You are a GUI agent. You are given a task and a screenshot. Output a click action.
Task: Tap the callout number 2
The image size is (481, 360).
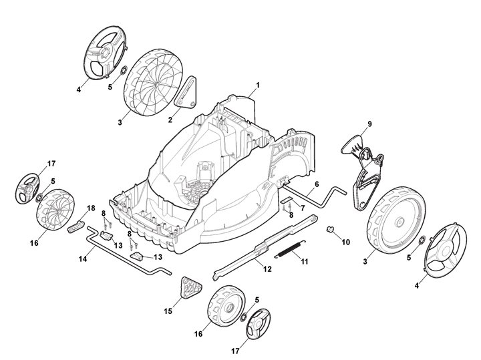[170, 120]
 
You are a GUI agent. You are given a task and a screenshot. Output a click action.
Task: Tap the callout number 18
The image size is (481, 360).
[92, 208]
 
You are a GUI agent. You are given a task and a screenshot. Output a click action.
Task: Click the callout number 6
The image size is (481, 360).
[316, 184]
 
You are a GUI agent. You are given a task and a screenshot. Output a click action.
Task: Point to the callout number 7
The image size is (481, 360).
[303, 209]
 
